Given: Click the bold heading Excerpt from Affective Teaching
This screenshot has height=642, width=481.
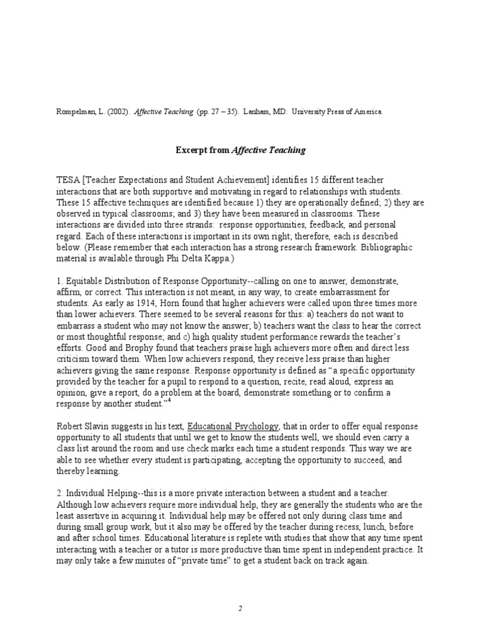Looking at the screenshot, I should tap(239, 150).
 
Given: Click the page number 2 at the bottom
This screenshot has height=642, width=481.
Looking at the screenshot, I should tap(240, 608).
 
